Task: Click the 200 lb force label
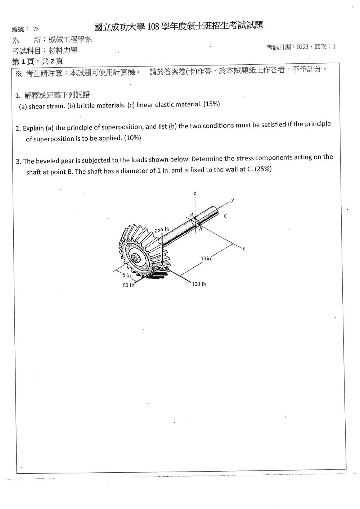click(162, 230)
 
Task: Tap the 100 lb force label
click(199, 284)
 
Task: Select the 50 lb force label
click(129, 285)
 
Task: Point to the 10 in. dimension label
click(207, 258)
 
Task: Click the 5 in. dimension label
click(127, 275)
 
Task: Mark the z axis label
click(195, 194)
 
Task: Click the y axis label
click(232, 200)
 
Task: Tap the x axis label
click(244, 249)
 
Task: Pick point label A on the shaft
click(192, 214)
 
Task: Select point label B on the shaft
click(201, 228)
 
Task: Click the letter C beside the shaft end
click(226, 216)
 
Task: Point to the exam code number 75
click(36, 29)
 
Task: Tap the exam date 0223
click(302, 47)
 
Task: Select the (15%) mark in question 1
click(211, 104)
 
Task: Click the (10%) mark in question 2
click(132, 138)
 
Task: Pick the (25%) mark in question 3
click(263, 169)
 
